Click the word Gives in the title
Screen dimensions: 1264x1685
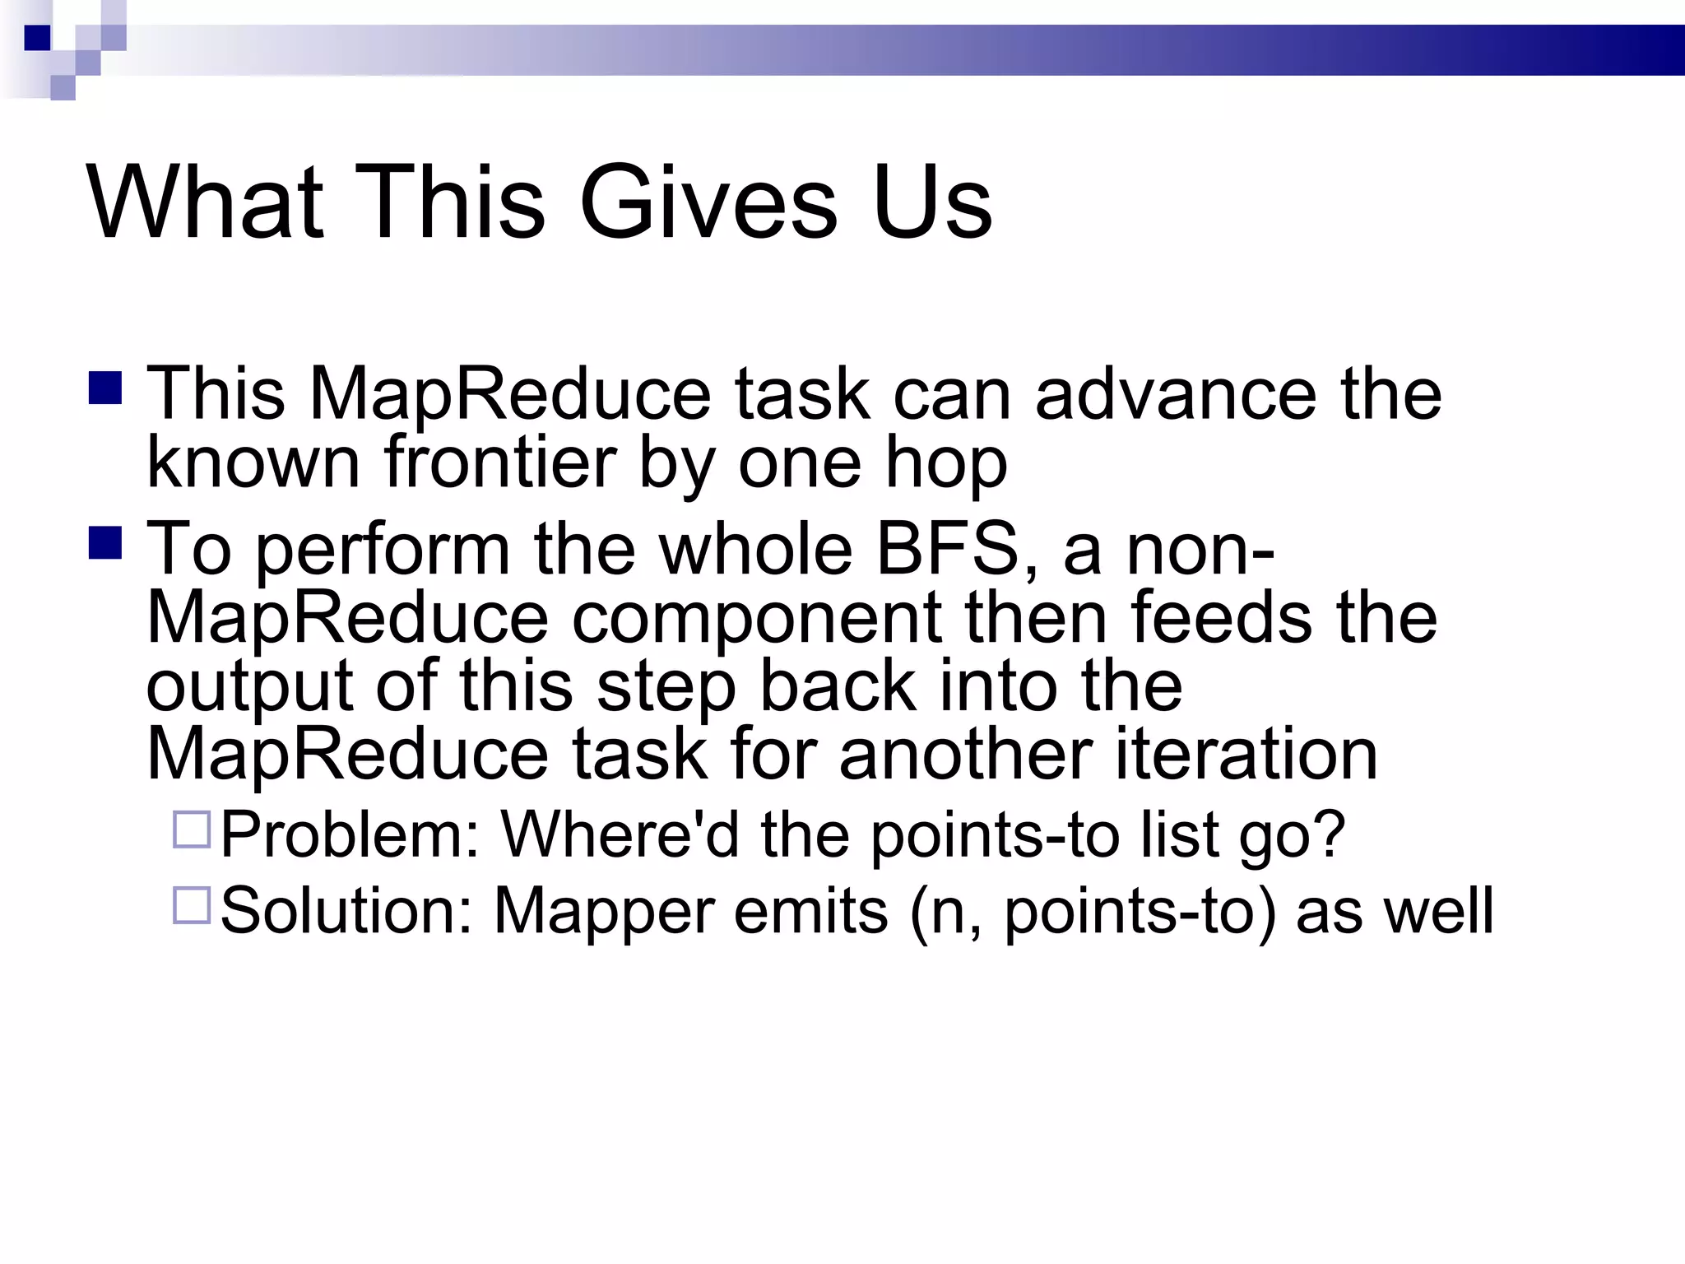tap(708, 202)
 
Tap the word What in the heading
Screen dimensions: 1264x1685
tap(206, 202)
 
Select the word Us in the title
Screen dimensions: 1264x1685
tap(932, 202)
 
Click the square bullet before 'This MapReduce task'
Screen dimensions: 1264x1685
tap(105, 388)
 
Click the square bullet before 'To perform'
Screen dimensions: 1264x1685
tap(105, 543)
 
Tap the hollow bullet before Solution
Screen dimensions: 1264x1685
tap(192, 905)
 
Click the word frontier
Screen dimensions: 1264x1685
tap(500, 462)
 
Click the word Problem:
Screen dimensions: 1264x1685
tap(350, 835)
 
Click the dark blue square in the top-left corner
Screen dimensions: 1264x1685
tap(37, 38)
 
